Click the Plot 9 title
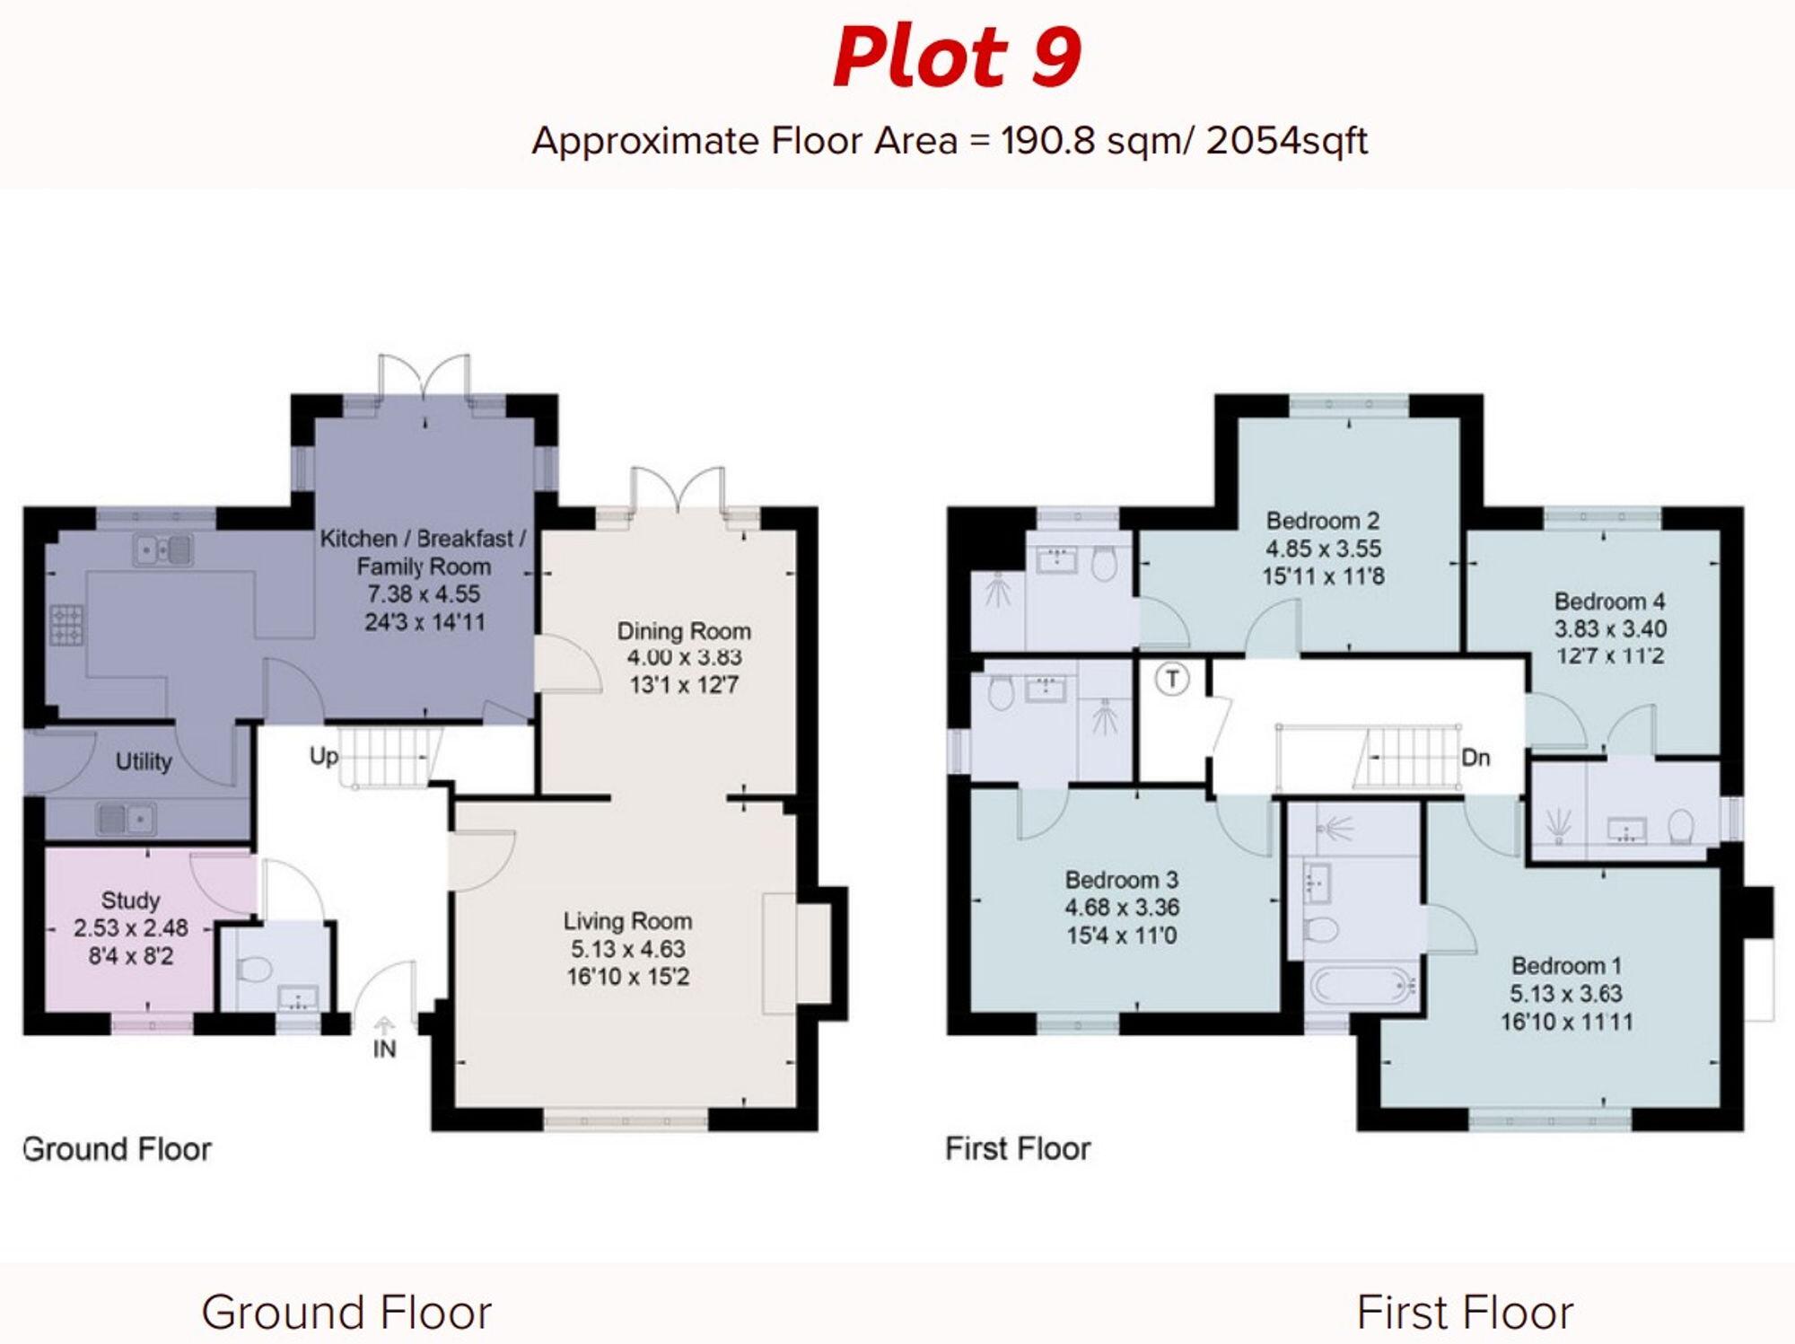tap(957, 57)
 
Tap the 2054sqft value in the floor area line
tap(1286, 141)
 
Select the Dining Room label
tap(683, 631)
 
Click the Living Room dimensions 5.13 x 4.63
tap(627, 949)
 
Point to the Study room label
tap(130, 900)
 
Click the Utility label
tap(144, 762)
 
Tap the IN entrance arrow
tap(384, 1026)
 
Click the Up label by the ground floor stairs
tap(324, 756)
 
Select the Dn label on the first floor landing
tap(1475, 758)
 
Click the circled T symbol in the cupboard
tap(1171, 679)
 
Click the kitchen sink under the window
tap(162, 549)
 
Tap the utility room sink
tap(126, 818)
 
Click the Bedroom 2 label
tap(1322, 521)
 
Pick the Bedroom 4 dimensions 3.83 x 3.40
tap(1610, 628)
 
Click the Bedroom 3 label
tap(1121, 880)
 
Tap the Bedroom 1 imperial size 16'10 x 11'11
tap(1566, 1022)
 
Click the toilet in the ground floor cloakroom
tap(254, 970)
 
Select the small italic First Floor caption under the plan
tap(1017, 1148)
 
